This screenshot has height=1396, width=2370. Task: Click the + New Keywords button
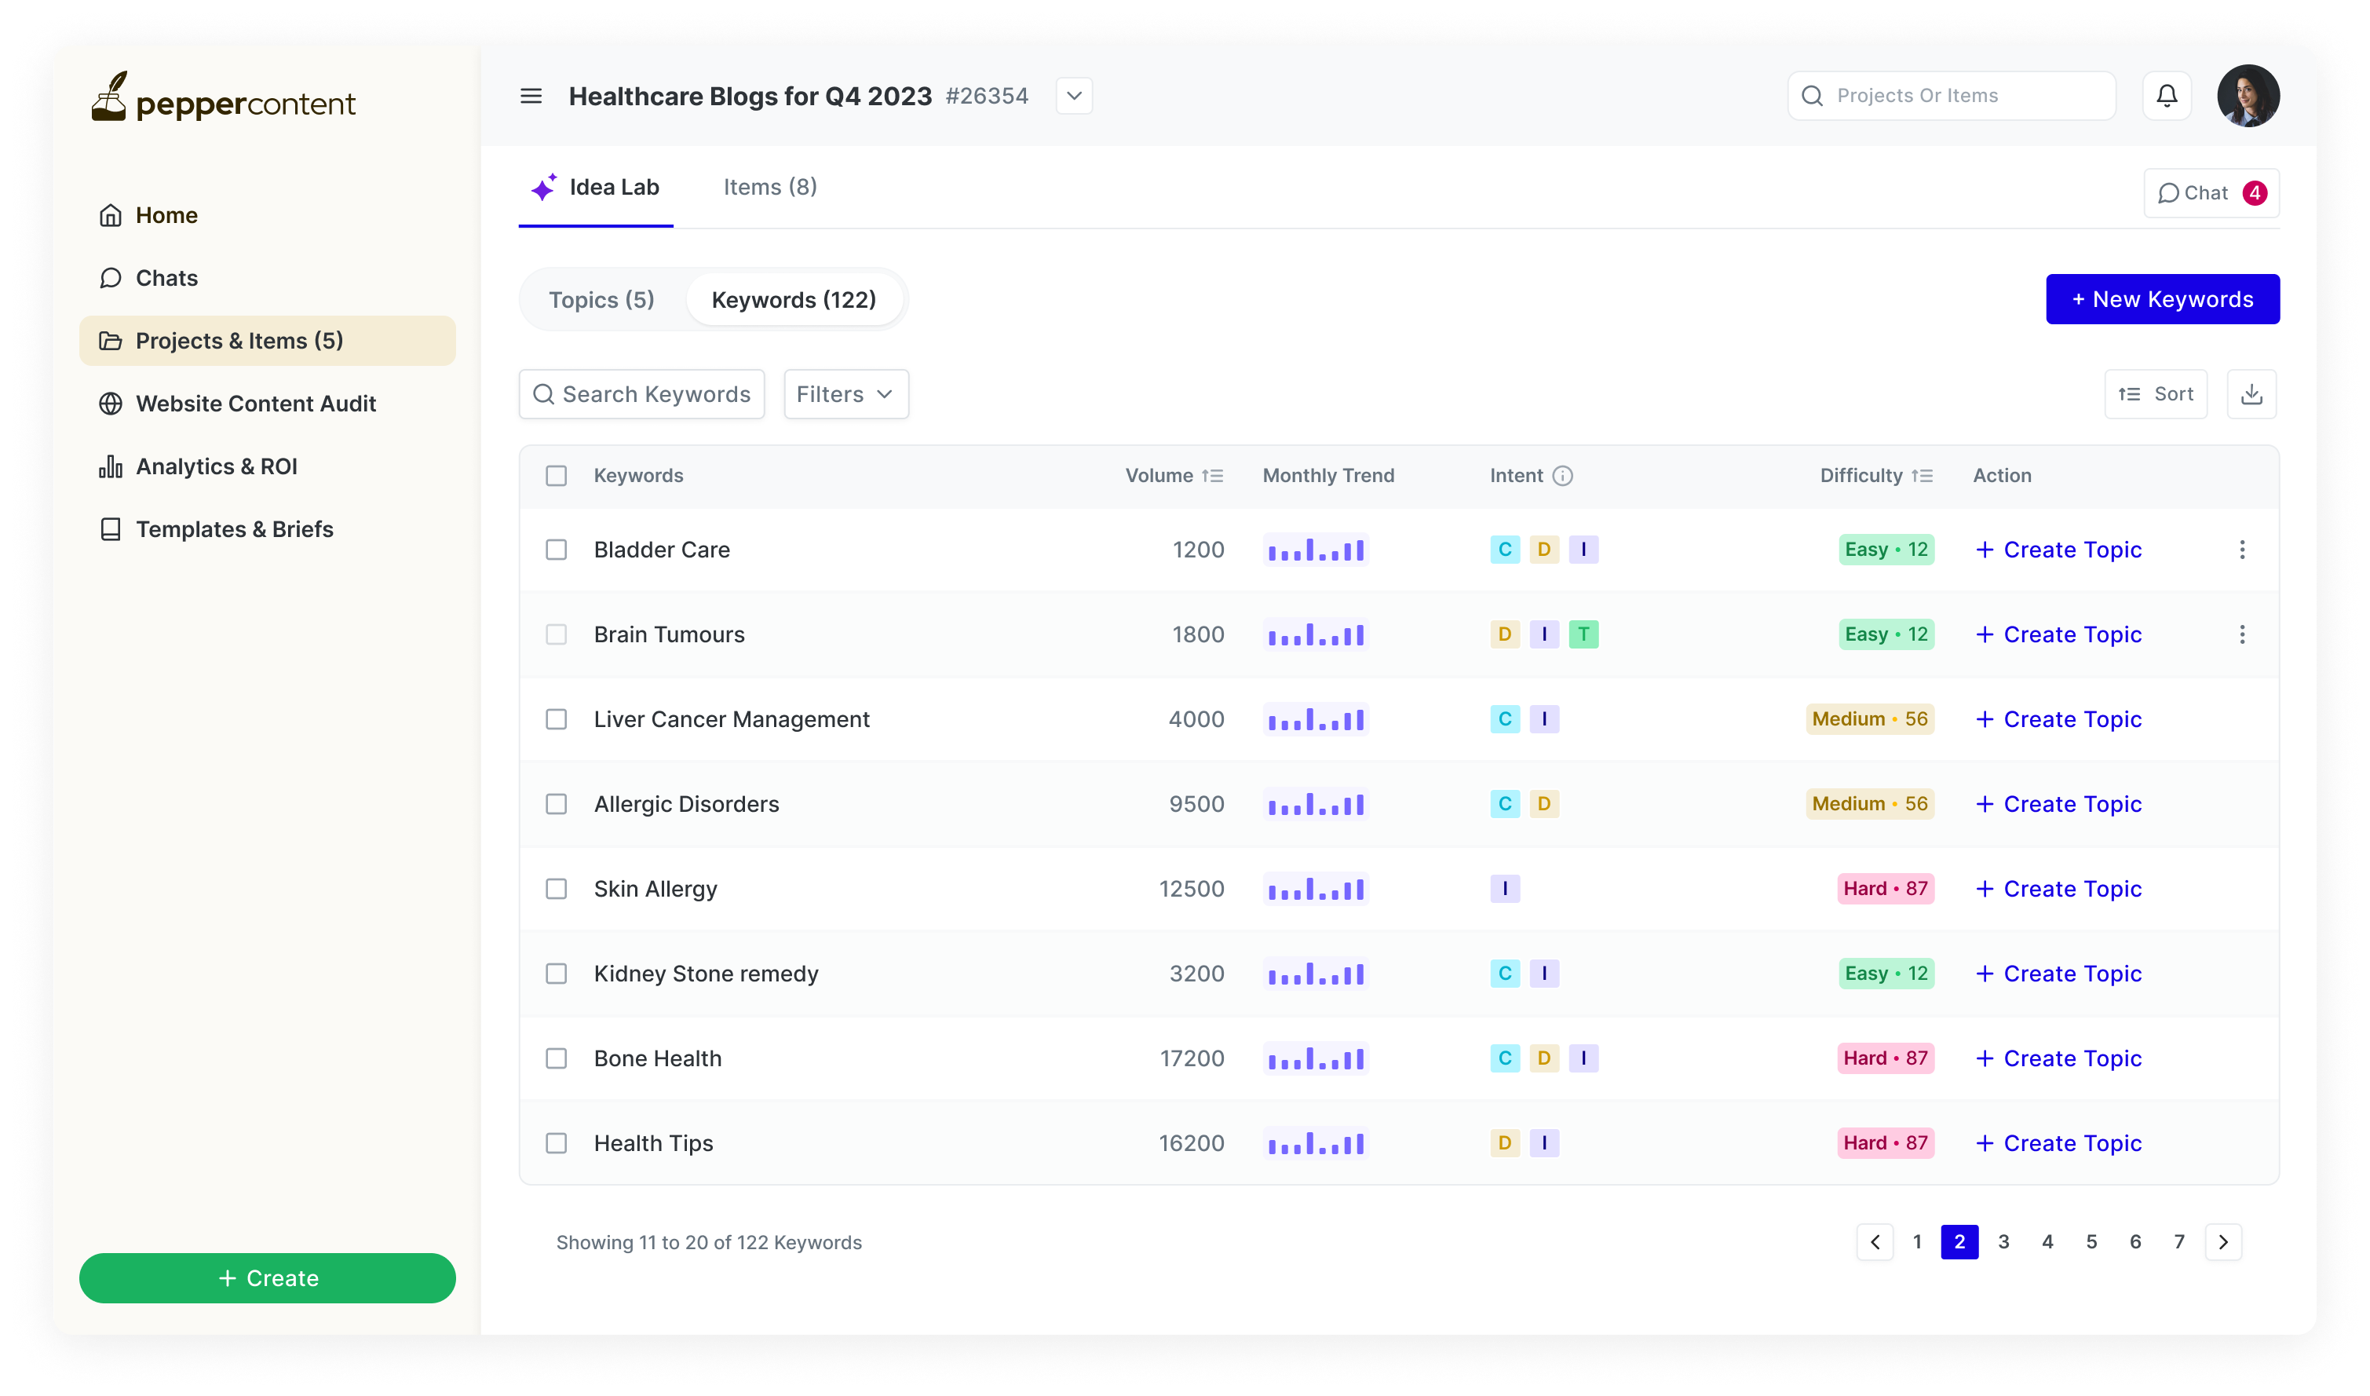2161,299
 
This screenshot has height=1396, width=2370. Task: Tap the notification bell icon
2167,96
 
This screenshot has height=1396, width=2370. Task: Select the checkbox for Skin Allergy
557,889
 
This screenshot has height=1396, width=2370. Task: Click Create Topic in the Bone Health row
2058,1058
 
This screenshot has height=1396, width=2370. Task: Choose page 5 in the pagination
2091,1242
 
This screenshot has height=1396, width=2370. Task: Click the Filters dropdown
845,394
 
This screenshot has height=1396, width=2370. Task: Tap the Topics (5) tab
601,300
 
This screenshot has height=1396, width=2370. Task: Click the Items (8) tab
769,187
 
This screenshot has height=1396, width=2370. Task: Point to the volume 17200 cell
1192,1058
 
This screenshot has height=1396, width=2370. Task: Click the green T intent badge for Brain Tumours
1583,635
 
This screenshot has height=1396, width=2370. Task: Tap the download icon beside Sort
2251,394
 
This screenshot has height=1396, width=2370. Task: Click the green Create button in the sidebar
267,1277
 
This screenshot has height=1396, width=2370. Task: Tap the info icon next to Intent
1562,476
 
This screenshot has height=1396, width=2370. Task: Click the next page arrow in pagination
2222,1242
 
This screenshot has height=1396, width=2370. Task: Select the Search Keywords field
641,394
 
